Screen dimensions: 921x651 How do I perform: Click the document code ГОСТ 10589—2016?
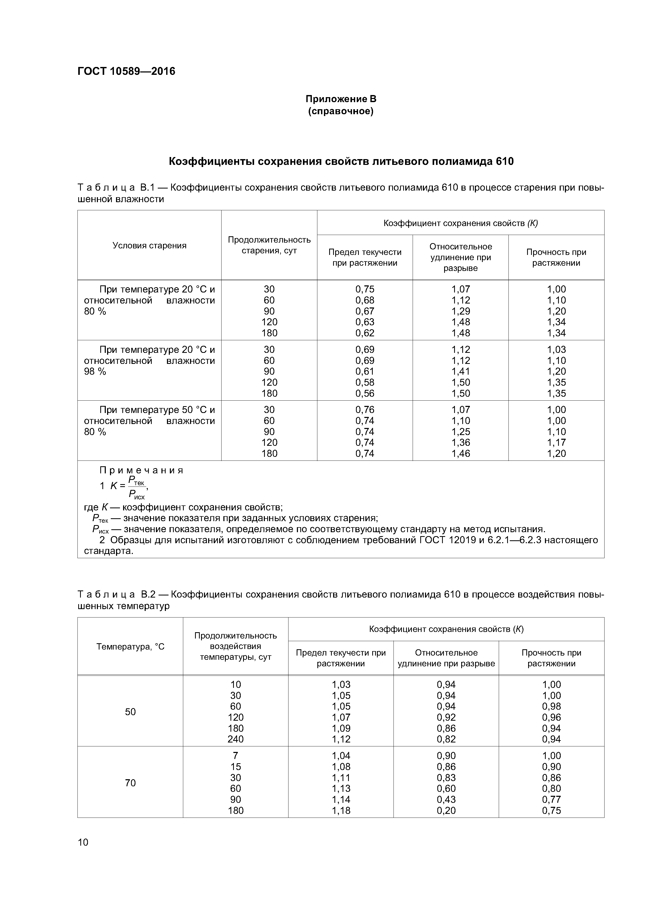(x=126, y=71)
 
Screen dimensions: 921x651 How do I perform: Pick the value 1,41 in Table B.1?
(x=460, y=371)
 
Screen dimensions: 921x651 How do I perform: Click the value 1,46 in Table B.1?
(x=460, y=454)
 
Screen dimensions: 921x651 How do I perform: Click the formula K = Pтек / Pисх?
(x=124, y=486)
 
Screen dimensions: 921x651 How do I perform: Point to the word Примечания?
(x=141, y=470)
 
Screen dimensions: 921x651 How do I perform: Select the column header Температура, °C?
(x=130, y=647)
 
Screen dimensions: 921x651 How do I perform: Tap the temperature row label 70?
(x=130, y=783)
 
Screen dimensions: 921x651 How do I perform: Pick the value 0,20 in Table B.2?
(x=446, y=811)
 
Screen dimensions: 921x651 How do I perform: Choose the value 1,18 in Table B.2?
(x=341, y=811)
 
